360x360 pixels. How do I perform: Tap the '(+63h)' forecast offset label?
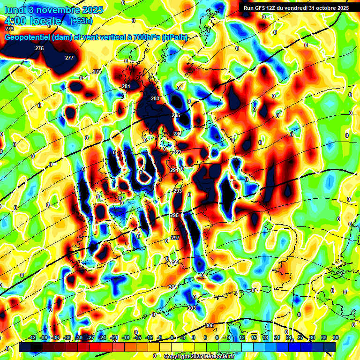[x=81, y=21]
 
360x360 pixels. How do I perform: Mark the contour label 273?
[x=9, y=29]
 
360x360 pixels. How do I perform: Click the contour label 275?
[x=39, y=48]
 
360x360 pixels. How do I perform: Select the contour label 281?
[x=126, y=86]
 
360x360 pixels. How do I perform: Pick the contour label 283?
[x=155, y=98]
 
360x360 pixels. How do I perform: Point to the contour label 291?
[x=174, y=170]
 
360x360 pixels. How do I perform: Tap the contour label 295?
[x=174, y=215]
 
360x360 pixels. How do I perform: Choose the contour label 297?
[x=175, y=238]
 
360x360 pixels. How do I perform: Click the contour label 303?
[x=191, y=308]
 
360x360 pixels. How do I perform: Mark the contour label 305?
[x=210, y=325]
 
